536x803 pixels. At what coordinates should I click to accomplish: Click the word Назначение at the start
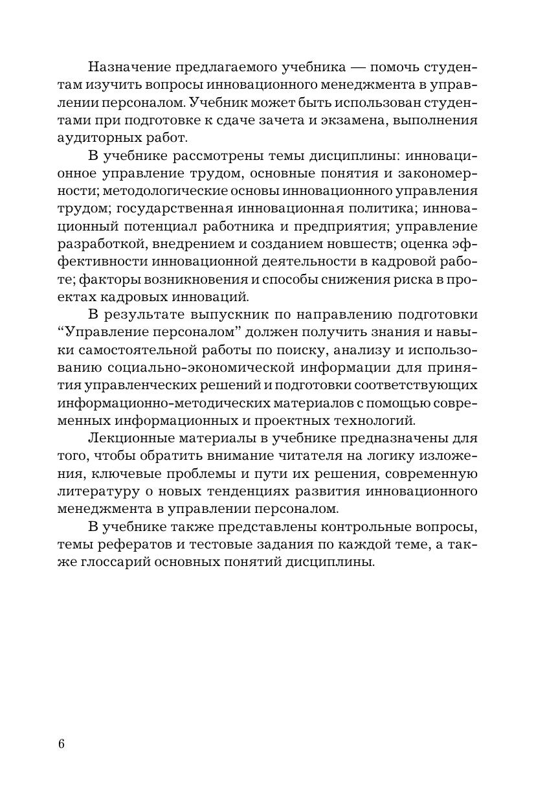coord(131,67)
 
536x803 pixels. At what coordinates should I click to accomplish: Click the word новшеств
coord(362,244)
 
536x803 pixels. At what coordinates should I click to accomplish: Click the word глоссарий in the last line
coord(120,561)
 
